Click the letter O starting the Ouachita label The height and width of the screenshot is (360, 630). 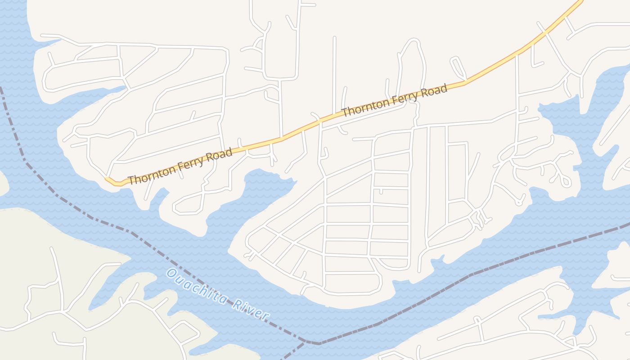point(171,273)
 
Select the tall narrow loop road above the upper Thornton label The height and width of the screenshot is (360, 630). point(412,67)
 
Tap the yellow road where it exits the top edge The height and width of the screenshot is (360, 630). point(580,2)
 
